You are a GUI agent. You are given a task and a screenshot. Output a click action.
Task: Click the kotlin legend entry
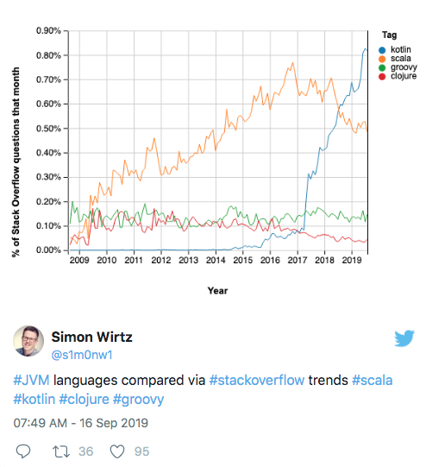coord(395,49)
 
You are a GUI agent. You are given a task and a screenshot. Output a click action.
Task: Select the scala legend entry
coord(395,59)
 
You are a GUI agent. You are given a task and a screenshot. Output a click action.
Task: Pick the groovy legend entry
coord(398,67)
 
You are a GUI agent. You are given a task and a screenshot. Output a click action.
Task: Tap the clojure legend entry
coord(398,76)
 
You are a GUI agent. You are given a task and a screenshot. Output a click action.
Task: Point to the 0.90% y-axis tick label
coord(48,31)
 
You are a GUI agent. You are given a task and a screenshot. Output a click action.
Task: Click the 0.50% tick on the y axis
coord(48,129)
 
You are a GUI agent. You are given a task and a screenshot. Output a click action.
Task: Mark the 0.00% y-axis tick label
coord(48,250)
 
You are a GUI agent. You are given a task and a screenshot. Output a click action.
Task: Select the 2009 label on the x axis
coord(79,261)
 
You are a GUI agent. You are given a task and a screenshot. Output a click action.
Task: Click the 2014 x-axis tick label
coord(216,261)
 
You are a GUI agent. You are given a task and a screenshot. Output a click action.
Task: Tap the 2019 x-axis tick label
coord(352,261)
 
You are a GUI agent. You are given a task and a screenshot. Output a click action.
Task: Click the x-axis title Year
coord(218,291)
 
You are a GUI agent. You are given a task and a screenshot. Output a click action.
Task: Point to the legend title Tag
coord(390,35)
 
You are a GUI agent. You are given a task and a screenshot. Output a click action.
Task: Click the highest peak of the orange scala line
coord(292,62)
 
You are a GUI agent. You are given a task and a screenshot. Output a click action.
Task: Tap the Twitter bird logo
coord(404,338)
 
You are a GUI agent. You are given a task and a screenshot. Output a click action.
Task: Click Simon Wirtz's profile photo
coord(28,341)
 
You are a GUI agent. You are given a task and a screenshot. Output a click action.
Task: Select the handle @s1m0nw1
coord(82,355)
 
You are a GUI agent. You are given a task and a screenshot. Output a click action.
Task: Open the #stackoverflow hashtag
coord(257,381)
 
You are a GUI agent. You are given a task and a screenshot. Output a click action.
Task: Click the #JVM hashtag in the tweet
coord(32,381)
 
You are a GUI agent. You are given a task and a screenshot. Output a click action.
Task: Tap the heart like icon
coord(117,451)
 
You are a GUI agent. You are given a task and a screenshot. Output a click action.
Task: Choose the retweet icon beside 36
coord(61,451)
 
